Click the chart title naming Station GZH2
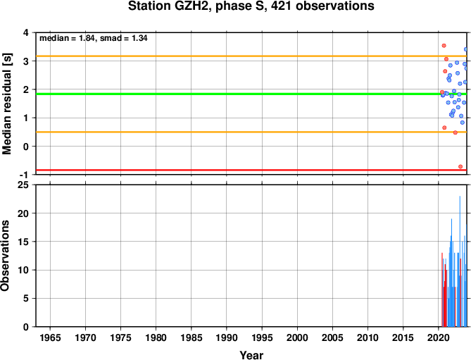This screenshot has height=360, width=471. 251,6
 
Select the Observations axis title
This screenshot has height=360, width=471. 6,256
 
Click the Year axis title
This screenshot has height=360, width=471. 251,355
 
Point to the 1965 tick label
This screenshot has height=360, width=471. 50,337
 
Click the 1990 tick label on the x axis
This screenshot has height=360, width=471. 227,337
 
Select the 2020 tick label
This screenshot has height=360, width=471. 438,337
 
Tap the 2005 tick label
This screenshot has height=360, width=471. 332,337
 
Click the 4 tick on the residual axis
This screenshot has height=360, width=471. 26,32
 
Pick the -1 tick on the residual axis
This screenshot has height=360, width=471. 25,175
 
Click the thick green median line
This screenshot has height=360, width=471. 251,94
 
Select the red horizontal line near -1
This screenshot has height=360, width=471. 251,170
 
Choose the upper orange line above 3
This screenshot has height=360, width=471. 251,56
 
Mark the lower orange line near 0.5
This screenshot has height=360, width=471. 251,132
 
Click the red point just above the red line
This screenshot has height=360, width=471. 460,166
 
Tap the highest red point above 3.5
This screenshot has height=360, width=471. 444,46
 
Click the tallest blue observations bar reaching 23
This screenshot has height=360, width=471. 460,261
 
